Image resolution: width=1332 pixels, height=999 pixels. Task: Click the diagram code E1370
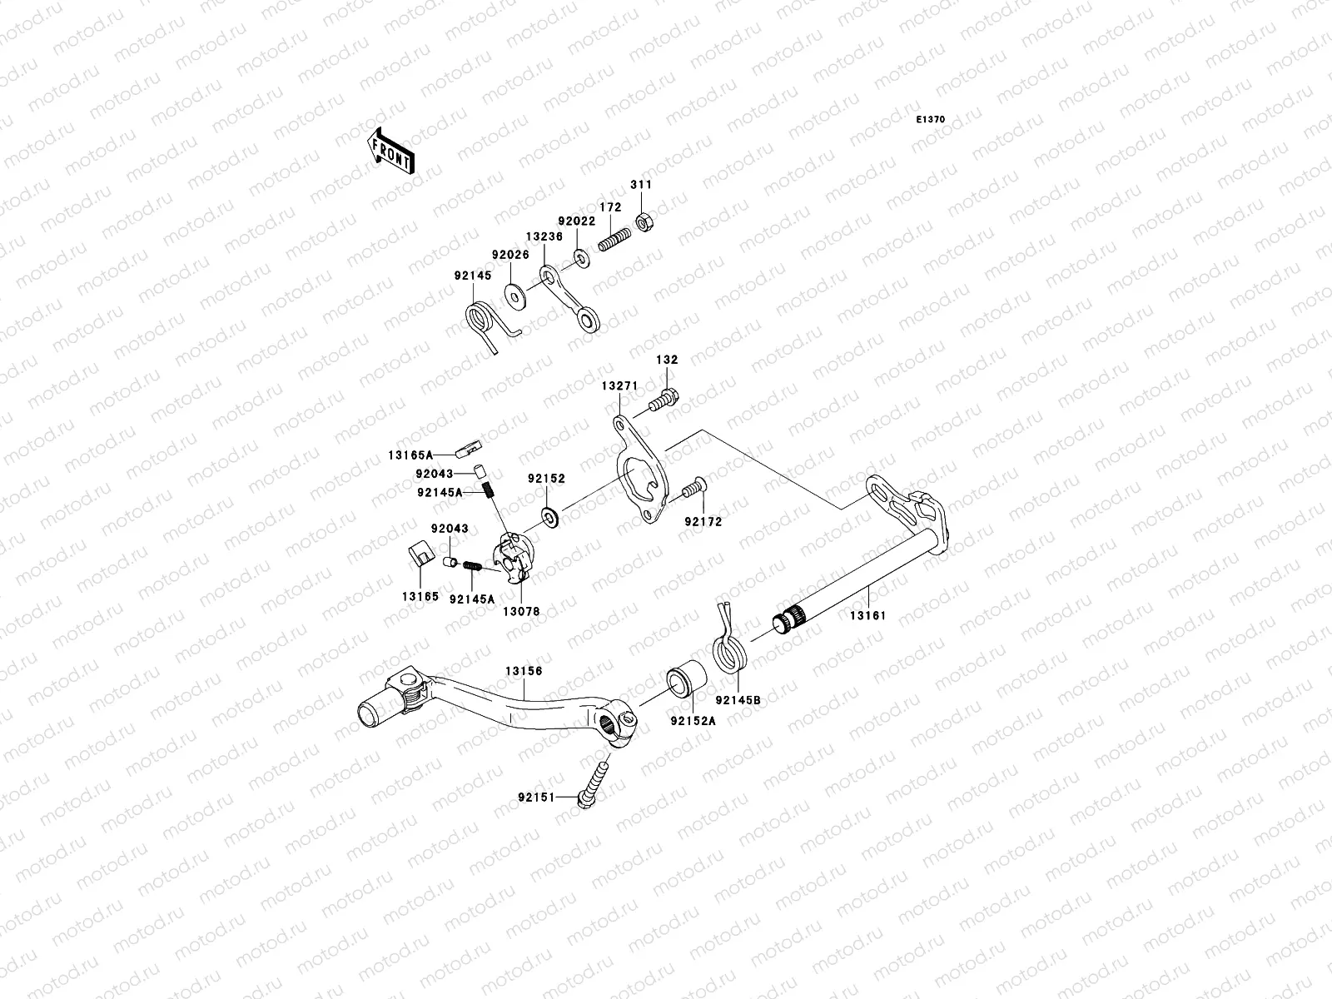click(x=931, y=120)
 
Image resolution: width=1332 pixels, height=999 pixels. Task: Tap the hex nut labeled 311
click(x=643, y=221)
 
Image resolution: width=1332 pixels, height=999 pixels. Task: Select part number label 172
click(x=611, y=207)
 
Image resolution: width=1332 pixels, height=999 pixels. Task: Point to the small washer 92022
click(x=582, y=255)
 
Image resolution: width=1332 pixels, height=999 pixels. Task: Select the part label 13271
click(x=619, y=386)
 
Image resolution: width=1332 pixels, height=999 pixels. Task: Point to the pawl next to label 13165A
click(x=471, y=450)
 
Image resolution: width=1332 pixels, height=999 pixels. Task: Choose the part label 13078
click(x=522, y=611)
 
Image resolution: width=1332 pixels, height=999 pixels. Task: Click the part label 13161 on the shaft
click(x=867, y=616)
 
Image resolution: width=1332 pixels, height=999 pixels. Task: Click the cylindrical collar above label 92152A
click(x=687, y=678)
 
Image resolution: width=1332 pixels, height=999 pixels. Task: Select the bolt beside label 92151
click(x=594, y=783)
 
